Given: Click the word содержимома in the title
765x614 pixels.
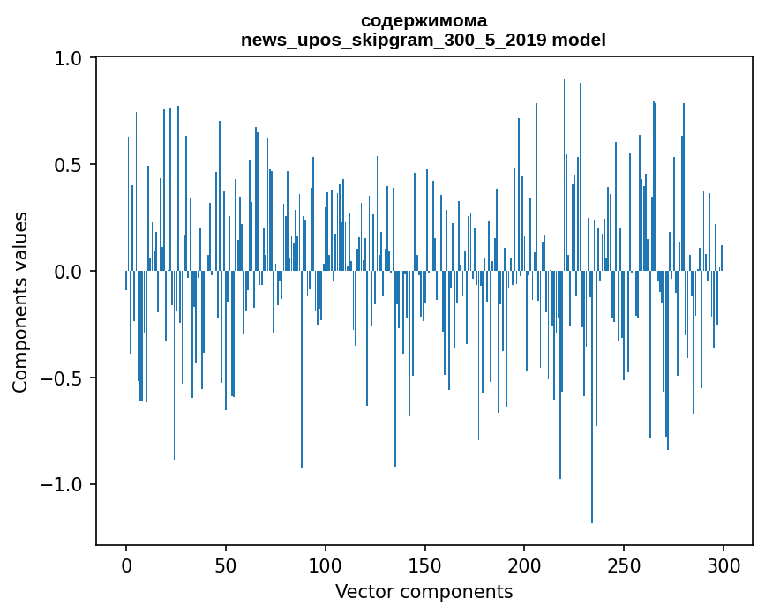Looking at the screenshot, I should coord(424,20).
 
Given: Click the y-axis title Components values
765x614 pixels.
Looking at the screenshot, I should coord(20,302).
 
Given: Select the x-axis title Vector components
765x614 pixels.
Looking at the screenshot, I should coord(424,592).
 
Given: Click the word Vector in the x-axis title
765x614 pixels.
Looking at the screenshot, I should coord(363,592).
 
